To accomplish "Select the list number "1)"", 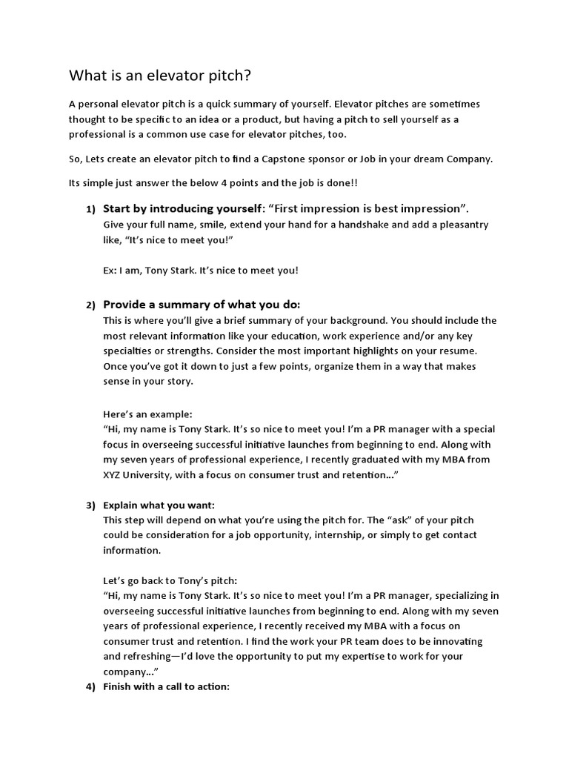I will pos(90,209).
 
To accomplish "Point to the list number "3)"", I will pos(90,506).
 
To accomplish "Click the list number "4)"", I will pos(90,687).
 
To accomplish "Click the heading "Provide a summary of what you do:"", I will pos(202,305).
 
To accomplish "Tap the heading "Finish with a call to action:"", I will pos(167,687).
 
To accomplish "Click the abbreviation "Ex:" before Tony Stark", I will pos(111,271).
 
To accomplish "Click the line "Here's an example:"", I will pos(147,414).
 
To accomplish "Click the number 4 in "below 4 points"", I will pos(221,183).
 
